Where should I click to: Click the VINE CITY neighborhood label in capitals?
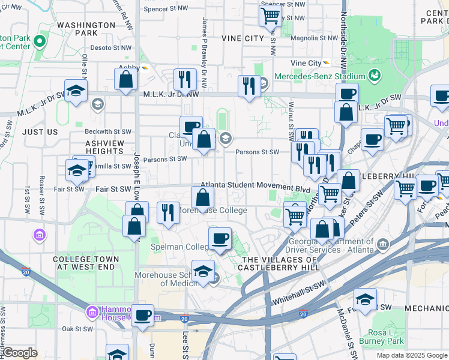click(243, 38)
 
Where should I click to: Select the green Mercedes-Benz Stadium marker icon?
click(375, 76)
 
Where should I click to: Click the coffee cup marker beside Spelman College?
click(220, 239)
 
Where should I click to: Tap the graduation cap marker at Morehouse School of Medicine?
click(203, 271)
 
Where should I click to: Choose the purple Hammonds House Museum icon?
click(92, 312)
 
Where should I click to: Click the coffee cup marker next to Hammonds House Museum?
click(143, 315)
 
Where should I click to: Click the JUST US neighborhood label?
click(40, 131)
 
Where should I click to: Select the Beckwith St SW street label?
click(108, 131)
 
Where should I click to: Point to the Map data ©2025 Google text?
click(411, 355)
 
